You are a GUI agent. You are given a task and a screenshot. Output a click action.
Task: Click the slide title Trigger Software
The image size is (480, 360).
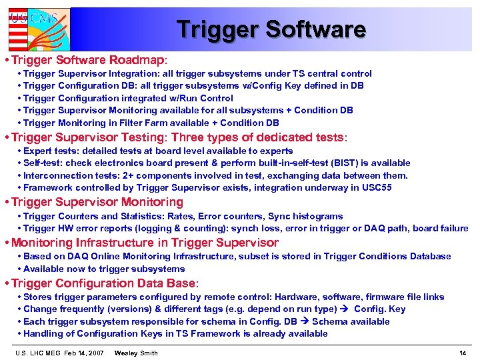point(271,29)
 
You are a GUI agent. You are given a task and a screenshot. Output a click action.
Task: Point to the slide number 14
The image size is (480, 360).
point(463,353)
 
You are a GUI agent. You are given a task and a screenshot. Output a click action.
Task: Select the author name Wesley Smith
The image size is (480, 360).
point(136,353)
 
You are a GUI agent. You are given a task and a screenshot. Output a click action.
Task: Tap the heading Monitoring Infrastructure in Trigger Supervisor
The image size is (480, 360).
point(145,243)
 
